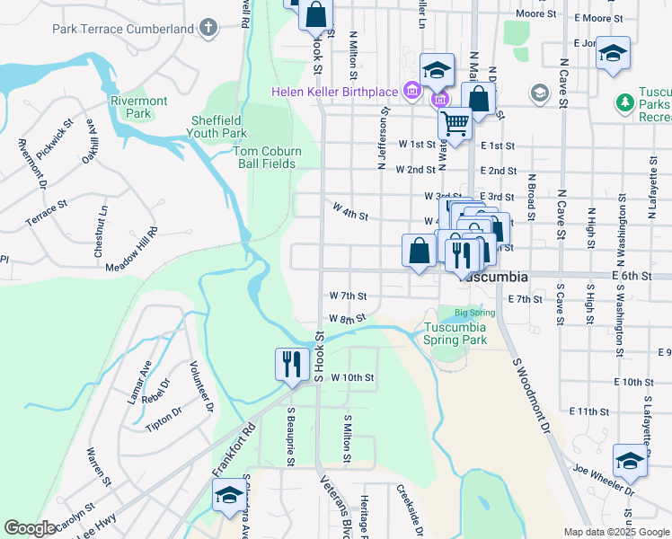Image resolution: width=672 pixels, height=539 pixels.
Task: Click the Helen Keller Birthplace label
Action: [x=336, y=93]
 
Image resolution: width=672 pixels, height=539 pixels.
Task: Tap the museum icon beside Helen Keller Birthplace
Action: [x=412, y=91]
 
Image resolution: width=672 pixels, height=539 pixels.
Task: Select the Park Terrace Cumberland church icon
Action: [x=209, y=28]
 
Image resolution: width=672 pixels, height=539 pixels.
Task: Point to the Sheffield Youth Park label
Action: [x=219, y=128]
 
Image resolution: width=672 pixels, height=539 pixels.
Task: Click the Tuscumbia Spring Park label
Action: [x=455, y=333]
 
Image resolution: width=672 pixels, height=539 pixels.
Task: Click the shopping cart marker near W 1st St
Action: [x=455, y=124]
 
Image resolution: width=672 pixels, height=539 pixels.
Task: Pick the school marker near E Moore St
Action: [x=614, y=54]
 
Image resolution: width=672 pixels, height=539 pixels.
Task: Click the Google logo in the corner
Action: [x=30, y=528]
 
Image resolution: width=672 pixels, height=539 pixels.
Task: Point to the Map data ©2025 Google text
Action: [x=615, y=532]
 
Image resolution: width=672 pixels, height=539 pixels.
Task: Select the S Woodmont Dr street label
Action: [x=530, y=395]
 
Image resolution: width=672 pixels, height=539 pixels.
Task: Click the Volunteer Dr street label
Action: [x=200, y=385]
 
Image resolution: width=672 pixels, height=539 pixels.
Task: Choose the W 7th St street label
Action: [x=349, y=296]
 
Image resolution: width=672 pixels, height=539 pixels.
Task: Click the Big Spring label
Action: [x=474, y=313]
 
